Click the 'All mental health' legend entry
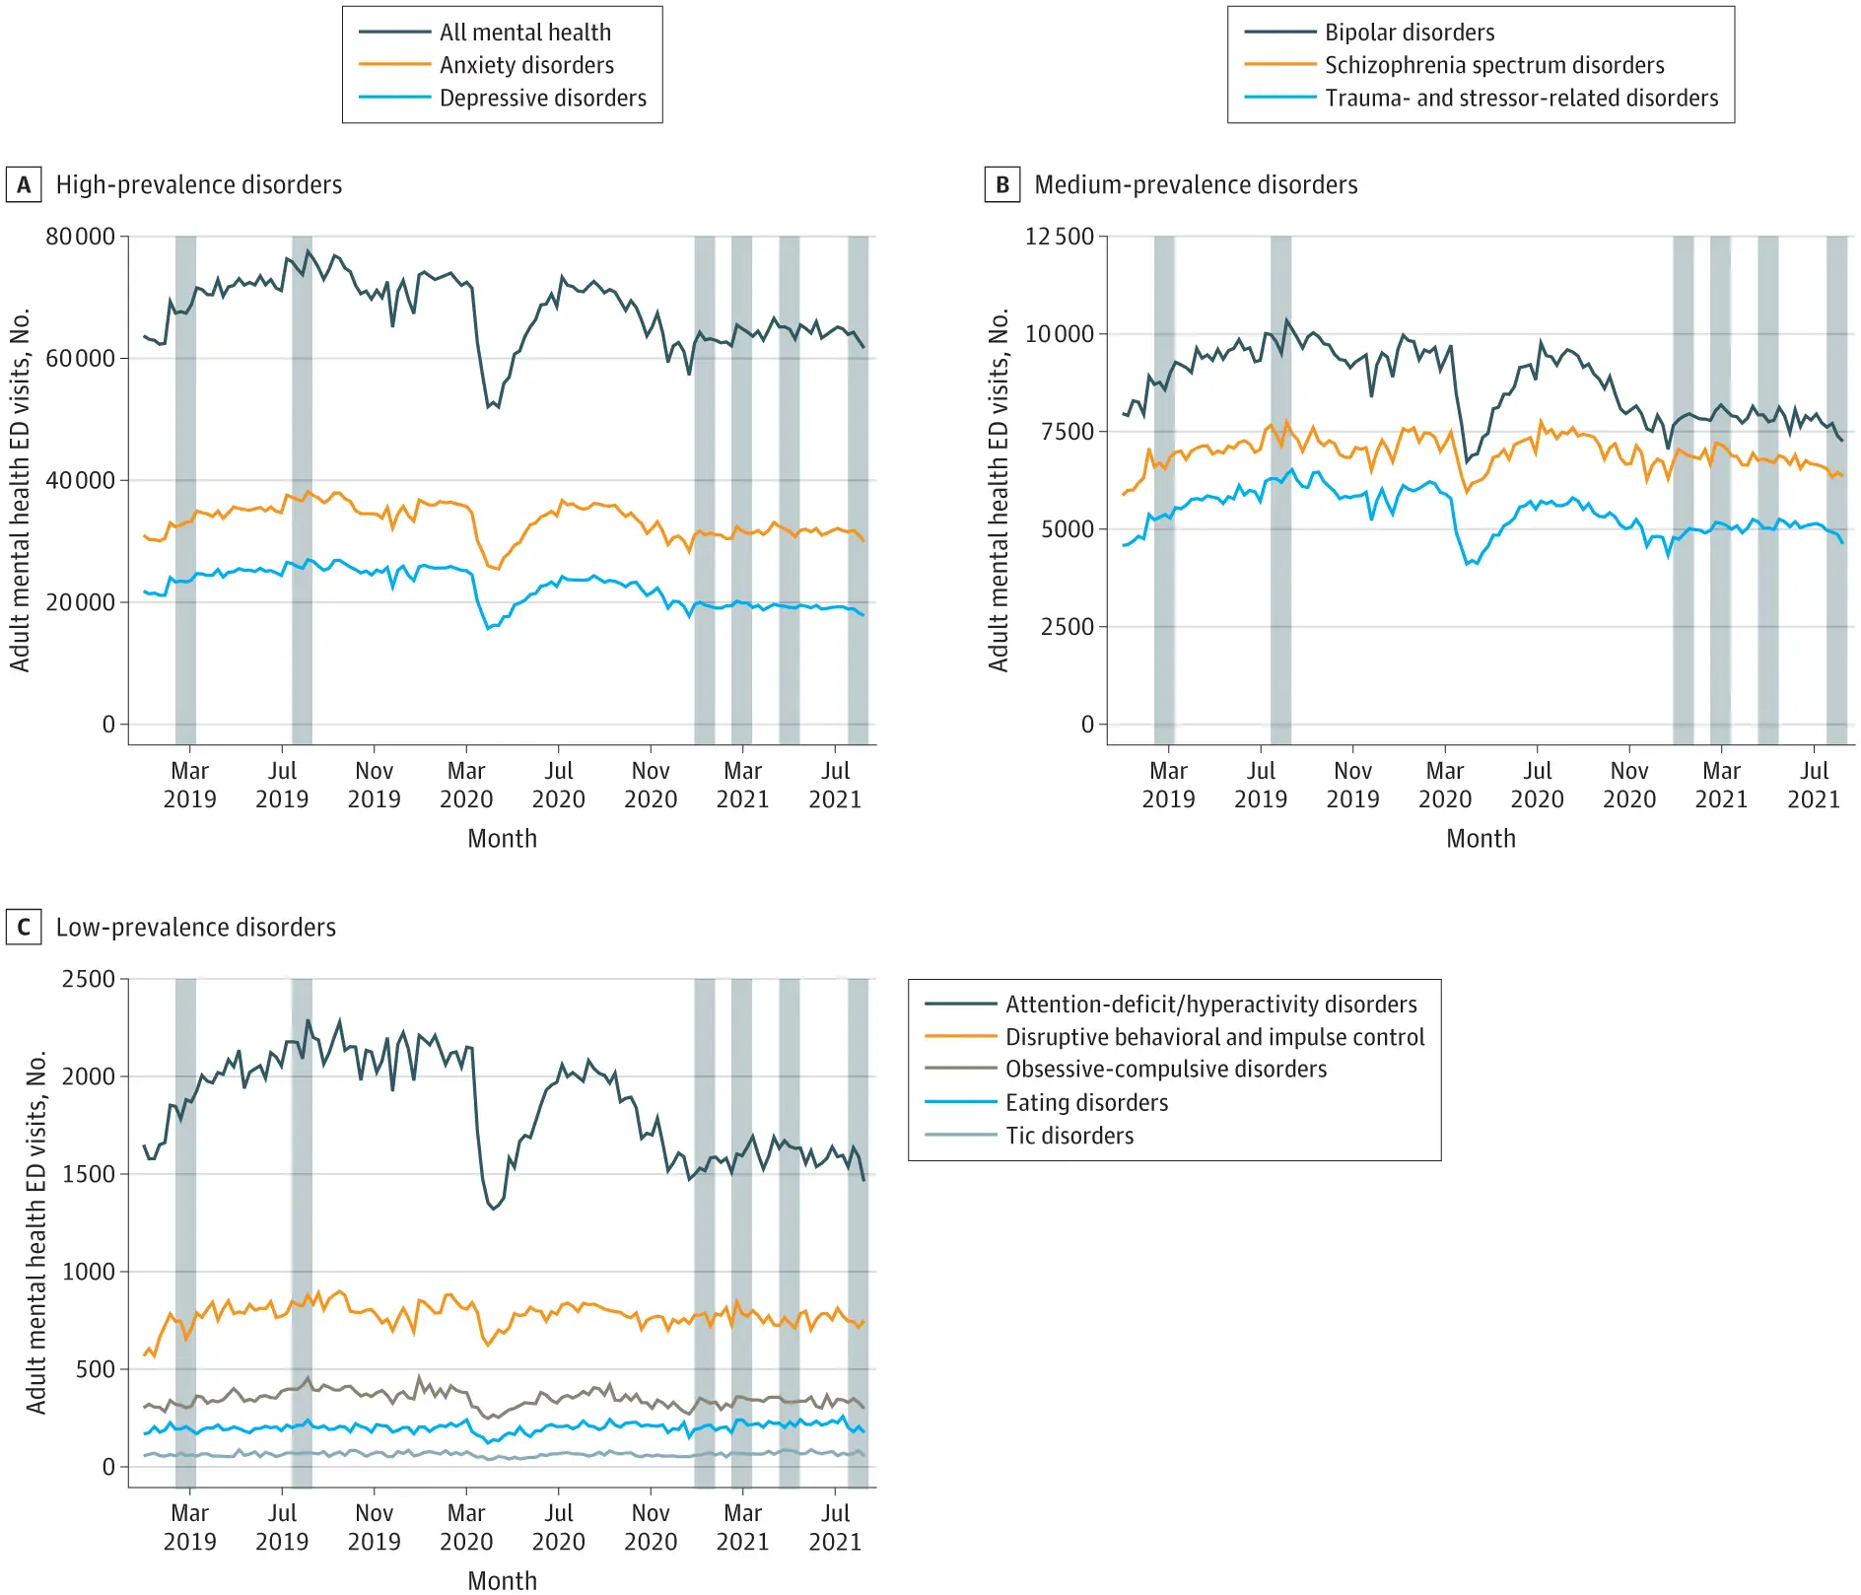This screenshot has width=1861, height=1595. point(524,33)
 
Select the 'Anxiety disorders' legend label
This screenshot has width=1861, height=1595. point(526,65)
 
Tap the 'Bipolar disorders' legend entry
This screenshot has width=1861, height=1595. point(1409,33)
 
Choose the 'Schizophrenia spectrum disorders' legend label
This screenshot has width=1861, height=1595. point(1493,65)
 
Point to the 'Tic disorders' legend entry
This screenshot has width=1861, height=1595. point(1068,1136)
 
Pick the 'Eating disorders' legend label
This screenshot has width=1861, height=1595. point(1086,1102)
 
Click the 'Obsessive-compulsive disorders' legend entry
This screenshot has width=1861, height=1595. point(1165,1070)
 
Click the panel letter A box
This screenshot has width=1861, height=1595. point(24,185)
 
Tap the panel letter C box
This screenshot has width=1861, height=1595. point(24,928)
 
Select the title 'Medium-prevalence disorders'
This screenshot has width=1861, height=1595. point(1196,185)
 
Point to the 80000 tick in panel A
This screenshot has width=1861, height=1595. point(80,237)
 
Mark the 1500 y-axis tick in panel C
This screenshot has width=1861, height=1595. point(89,1174)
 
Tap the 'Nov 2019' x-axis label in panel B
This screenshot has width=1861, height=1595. point(1352,785)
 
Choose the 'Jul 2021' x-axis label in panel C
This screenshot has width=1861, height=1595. point(835,1527)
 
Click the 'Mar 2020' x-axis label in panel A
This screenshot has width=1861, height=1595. point(466,785)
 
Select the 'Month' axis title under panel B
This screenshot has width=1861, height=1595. point(1481,839)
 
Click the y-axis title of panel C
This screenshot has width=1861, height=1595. point(36,1232)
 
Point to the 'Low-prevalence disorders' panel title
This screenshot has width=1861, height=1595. point(195,928)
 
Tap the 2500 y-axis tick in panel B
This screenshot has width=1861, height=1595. point(1068,627)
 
